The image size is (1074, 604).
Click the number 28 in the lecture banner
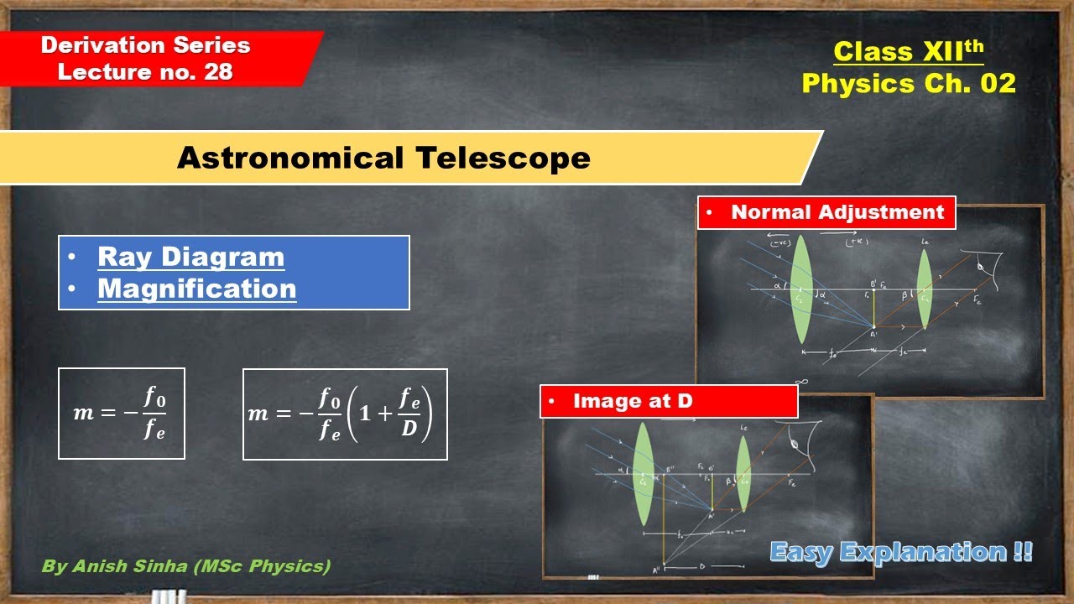click(217, 72)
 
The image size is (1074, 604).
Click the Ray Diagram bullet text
click(190, 257)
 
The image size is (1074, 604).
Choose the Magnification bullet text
click(196, 289)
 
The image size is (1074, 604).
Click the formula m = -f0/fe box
click(122, 414)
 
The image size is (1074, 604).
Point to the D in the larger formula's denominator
click(409, 433)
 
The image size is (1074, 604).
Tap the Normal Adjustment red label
click(826, 212)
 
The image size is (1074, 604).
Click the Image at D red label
click(668, 401)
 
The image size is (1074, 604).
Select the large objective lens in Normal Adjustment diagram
click(801, 289)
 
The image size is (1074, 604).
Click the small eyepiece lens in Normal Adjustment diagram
click(924, 289)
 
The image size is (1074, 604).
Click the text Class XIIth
click(908, 52)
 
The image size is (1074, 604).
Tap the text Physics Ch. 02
click(908, 83)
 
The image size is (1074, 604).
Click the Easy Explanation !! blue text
click(900, 552)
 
